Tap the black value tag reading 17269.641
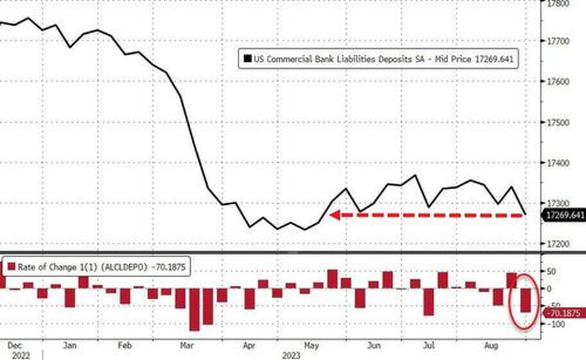pyautogui.click(x=564, y=216)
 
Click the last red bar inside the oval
pyautogui.click(x=525, y=301)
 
